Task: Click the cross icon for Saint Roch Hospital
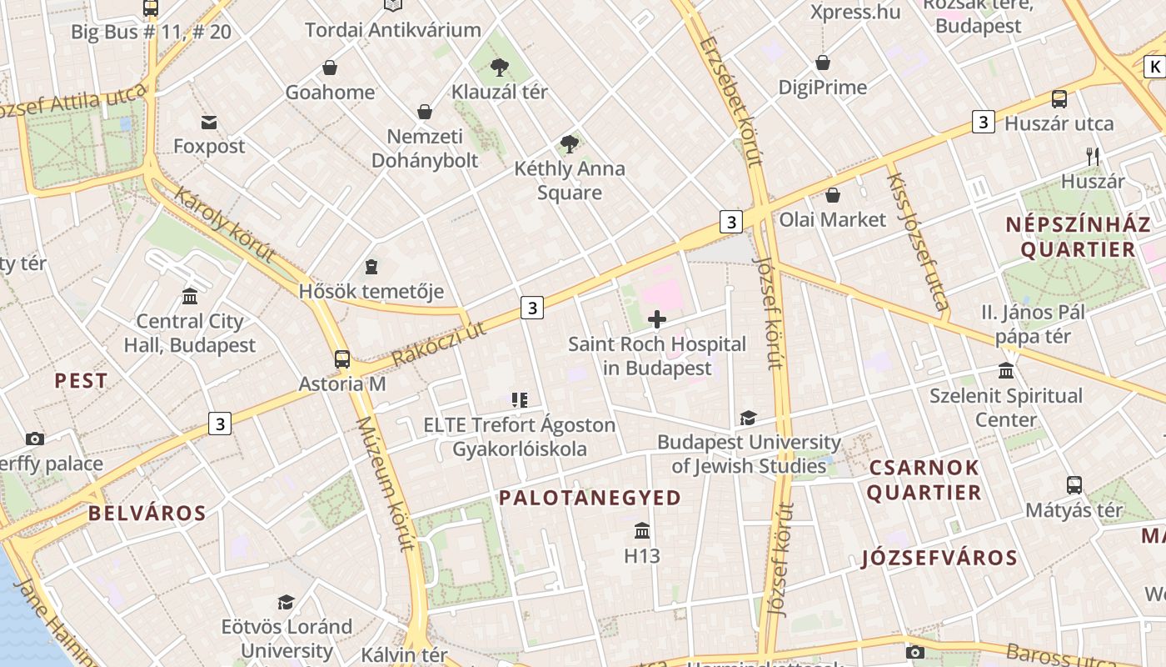(657, 319)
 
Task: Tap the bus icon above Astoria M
(342, 359)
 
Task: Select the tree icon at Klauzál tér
(500, 68)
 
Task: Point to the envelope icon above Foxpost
(209, 123)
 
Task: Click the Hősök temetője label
(371, 292)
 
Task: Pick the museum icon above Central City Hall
(190, 297)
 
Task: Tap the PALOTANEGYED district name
(590, 498)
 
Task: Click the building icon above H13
(642, 531)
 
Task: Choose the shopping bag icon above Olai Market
(833, 195)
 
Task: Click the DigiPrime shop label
(822, 88)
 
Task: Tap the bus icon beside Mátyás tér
(1074, 485)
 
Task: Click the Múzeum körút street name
(385, 484)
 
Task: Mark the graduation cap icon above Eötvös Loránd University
(287, 602)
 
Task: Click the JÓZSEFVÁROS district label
(939, 558)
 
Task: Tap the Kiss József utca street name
(918, 242)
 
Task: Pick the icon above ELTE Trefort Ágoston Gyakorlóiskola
(520, 401)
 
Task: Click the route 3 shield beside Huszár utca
(984, 123)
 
